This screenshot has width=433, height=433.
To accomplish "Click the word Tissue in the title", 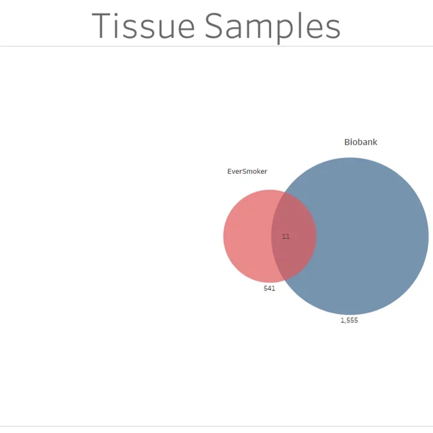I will [144, 26].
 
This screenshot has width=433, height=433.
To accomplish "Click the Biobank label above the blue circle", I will [360, 143].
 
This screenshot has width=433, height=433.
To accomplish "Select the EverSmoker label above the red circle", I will [247, 171].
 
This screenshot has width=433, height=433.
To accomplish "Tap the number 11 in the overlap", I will [286, 236].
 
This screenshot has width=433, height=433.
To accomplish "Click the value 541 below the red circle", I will [269, 289].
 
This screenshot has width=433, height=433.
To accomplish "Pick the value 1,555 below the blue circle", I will [349, 321].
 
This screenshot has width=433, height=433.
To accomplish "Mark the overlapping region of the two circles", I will [295, 253].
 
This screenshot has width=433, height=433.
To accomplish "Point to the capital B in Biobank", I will [347, 143].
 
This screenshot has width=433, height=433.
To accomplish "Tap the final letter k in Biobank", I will [375, 143].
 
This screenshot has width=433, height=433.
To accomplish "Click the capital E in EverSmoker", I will [229, 171].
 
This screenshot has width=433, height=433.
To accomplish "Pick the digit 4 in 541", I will [269, 289].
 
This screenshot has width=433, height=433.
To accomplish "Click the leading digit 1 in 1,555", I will [342, 321].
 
